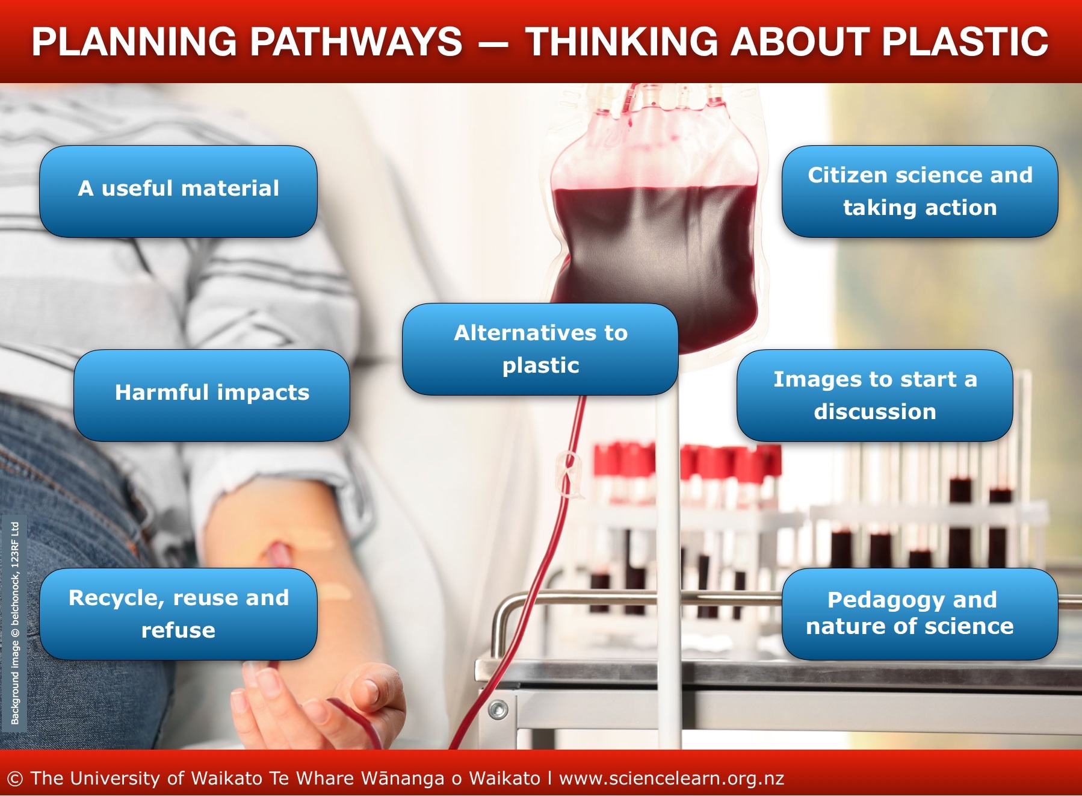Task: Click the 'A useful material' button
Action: [178, 191]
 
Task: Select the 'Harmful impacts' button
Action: [212, 395]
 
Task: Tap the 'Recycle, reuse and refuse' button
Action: [178, 614]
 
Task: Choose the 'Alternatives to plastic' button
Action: [540, 349]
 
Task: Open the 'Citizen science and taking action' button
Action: [920, 191]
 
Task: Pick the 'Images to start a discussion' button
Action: [875, 395]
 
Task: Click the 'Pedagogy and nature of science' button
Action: [920, 614]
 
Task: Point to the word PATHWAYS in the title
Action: [356, 42]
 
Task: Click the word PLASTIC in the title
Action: [965, 42]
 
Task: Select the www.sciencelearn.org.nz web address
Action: [672, 779]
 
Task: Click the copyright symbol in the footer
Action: [15, 779]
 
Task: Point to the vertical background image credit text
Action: [15, 623]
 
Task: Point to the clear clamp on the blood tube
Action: [569, 476]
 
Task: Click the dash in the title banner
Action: [493, 43]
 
